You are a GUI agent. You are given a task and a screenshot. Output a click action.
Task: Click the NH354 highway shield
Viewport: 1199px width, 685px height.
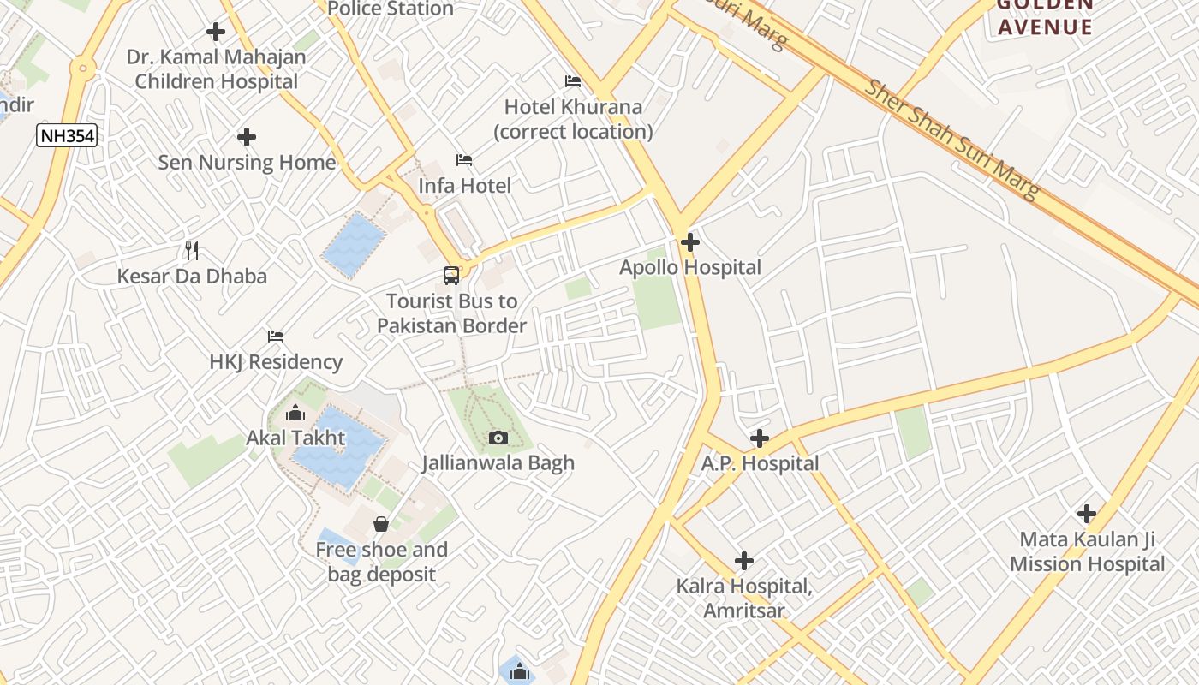66,135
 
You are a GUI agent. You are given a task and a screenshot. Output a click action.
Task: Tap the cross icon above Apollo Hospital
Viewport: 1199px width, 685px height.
690,242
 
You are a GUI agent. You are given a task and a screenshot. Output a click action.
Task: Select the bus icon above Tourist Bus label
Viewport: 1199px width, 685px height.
451,276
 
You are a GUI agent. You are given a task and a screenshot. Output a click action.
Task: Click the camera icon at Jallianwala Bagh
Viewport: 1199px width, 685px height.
498,438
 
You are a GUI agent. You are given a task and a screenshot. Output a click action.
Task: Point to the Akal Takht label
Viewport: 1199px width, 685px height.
295,438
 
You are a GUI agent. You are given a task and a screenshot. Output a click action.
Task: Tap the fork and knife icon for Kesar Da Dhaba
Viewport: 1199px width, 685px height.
192,251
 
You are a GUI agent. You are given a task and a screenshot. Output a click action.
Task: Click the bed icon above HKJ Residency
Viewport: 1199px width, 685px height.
275,337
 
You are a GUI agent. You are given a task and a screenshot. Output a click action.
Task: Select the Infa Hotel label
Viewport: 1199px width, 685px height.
464,186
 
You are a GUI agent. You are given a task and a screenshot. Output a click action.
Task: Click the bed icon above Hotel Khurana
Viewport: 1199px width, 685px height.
573,82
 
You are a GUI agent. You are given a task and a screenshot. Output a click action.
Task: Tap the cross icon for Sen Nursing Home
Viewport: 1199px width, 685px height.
247,137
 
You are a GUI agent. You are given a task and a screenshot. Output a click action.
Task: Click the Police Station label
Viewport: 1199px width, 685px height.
391,9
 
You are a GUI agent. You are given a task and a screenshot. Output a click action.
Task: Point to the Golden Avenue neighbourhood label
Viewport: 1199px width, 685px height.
1045,17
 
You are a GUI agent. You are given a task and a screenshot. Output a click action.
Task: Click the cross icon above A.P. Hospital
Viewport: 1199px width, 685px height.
759,438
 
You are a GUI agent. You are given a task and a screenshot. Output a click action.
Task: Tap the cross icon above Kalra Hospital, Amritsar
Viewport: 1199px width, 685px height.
744,561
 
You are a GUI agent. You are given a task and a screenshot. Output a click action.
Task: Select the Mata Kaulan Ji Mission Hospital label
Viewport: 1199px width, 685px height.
1087,552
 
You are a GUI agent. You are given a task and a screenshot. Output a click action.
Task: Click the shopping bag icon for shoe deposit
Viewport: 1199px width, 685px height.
381,523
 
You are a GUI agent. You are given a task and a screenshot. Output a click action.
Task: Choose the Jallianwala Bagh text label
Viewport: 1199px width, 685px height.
498,463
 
